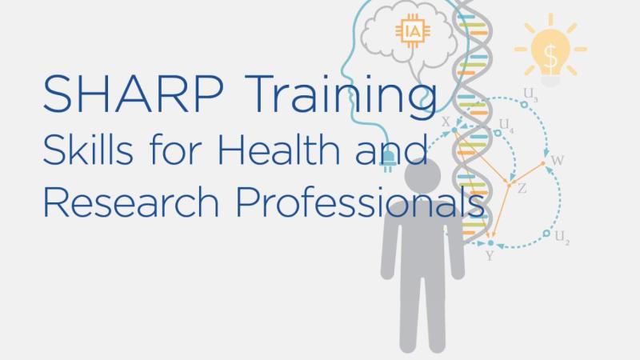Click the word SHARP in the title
pyautogui.click(x=133, y=94)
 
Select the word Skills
pyautogui.click(x=88, y=149)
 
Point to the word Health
pyautogui.click(x=278, y=149)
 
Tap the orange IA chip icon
pyautogui.click(x=413, y=31)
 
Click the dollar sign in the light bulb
pyautogui.click(x=550, y=56)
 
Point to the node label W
pyautogui.click(x=557, y=161)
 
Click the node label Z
pyautogui.click(x=522, y=188)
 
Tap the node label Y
pyautogui.click(x=490, y=256)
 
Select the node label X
pyautogui.click(x=446, y=122)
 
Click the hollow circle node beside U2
pyautogui.click(x=546, y=233)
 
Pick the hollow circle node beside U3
pyautogui.click(x=524, y=105)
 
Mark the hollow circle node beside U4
pyautogui.click(x=498, y=133)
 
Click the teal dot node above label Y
pyautogui.click(x=490, y=243)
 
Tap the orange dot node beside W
pyautogui.click(x=543, y=163)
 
